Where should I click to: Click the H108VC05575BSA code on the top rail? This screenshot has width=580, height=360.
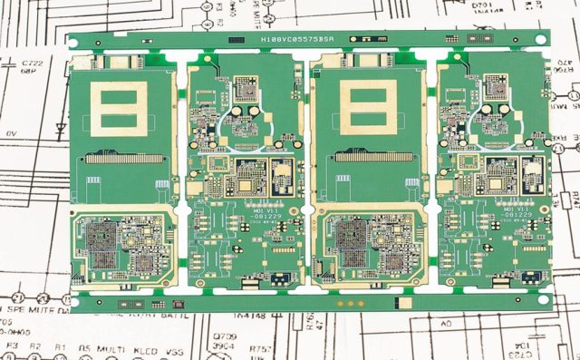[x=296, y=40]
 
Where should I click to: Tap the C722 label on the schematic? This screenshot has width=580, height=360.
[x=32, y=63]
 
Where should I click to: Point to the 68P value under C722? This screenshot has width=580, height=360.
[x=32, y=72]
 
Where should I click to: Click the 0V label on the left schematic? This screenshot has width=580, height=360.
[x=11, y=133]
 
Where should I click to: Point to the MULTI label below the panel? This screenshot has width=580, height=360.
[x=114, y=347]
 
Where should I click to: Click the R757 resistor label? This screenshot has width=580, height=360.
[x=261, y=348]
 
